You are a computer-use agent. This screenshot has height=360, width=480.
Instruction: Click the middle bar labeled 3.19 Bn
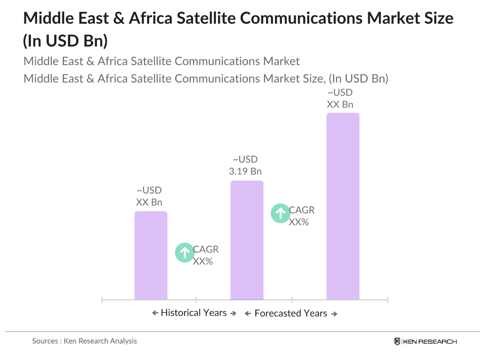tap(247, 240)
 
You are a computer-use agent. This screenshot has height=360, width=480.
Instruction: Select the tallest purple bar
tap(342, 206)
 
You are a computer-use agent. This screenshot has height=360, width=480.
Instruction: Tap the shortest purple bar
tap(151, 255)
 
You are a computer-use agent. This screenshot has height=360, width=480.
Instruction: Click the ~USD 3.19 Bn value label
tap(245, 165)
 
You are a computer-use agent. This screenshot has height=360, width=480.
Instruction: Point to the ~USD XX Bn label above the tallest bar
tap(340, 98)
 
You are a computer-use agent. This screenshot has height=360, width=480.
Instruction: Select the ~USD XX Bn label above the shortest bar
tap(149, 196)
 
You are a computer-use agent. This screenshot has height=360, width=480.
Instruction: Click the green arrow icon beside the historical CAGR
tap(184, 252)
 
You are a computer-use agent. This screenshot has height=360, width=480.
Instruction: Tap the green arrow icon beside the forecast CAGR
tap(280, 213)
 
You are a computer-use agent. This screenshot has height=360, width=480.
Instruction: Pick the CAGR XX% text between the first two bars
tap(205, 255)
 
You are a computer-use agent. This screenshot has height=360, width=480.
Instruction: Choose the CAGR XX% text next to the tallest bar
tap(301, 216)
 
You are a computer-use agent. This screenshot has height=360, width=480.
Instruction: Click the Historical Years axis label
tap(194, 313)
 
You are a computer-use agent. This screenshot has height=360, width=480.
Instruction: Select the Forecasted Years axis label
tap(290, 313)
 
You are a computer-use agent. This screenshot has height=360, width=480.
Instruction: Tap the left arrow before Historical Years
tap(155, 313)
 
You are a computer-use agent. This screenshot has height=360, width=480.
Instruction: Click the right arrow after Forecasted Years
tap(334, 314)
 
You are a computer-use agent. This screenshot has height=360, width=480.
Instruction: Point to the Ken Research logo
tap(425, 342)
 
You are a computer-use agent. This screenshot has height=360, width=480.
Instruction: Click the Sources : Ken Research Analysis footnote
tap(85, 341)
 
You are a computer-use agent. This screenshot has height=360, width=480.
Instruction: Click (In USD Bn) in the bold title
tap(65, 41)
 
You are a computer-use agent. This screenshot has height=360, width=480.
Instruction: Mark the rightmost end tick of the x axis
tap(387, 300)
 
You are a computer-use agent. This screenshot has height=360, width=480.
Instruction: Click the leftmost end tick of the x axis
tap(102, 300)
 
